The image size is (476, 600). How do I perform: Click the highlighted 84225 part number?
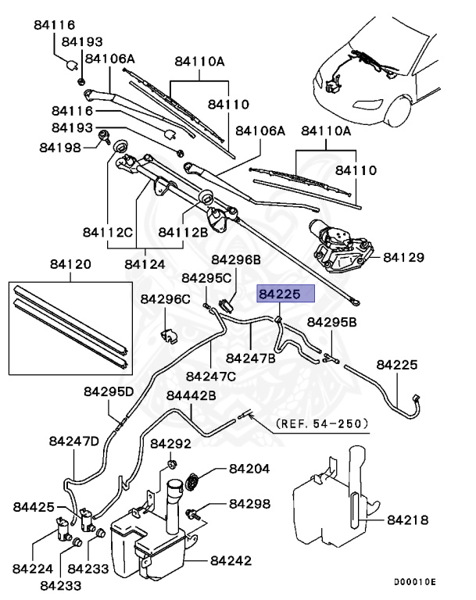(286, 295)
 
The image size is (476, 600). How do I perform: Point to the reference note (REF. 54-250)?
(321, 423)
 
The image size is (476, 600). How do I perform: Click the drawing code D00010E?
(414, 581)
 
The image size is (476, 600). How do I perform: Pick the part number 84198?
(63, 147)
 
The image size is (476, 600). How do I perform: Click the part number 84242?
(234, 560)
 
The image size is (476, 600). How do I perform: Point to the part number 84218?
(409, 518)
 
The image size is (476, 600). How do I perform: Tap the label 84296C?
(165, 298)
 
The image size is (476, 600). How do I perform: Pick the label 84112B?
(183, 232)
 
